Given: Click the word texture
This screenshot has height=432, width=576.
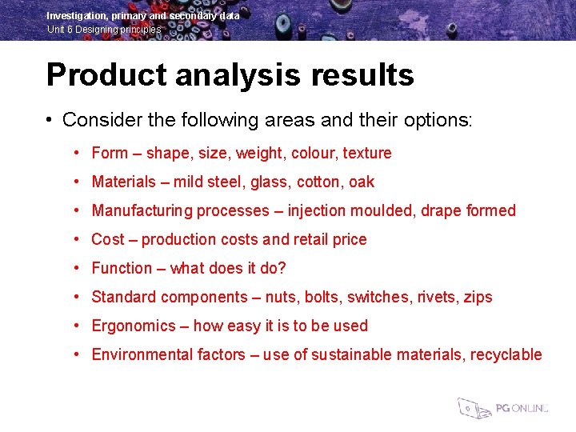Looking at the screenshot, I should click(x=367, y=153).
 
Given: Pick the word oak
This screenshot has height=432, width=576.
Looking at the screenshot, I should click(x=362, y=182).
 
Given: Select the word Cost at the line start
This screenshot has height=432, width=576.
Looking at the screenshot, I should click(x=108, y=239).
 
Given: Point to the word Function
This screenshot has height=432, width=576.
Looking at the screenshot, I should click(x=122, y=268).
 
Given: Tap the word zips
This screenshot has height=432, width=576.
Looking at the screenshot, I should click(x=478, y=297).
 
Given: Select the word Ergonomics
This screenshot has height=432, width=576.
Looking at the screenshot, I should click(x=134, y=326).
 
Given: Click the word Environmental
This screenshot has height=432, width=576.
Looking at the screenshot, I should click(x=141, y=354).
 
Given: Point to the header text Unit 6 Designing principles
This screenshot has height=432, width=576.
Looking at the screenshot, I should click(x=104, y=30).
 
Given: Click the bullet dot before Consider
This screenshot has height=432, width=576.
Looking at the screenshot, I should click(x=50, y=120).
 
